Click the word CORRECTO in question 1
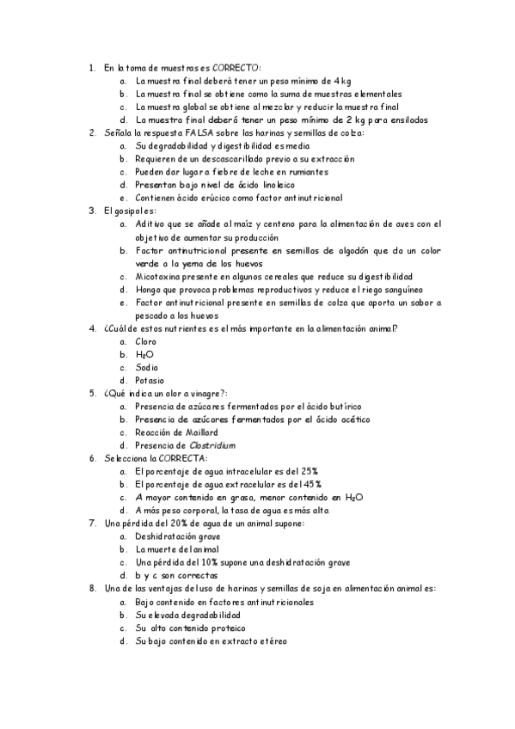[241, 67]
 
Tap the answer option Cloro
[145, 341]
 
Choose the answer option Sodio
[145, 367]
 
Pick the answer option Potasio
[150, 380]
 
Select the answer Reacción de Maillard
[176, 432]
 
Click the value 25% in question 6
[309, 471]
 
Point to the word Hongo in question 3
[148, 289]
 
